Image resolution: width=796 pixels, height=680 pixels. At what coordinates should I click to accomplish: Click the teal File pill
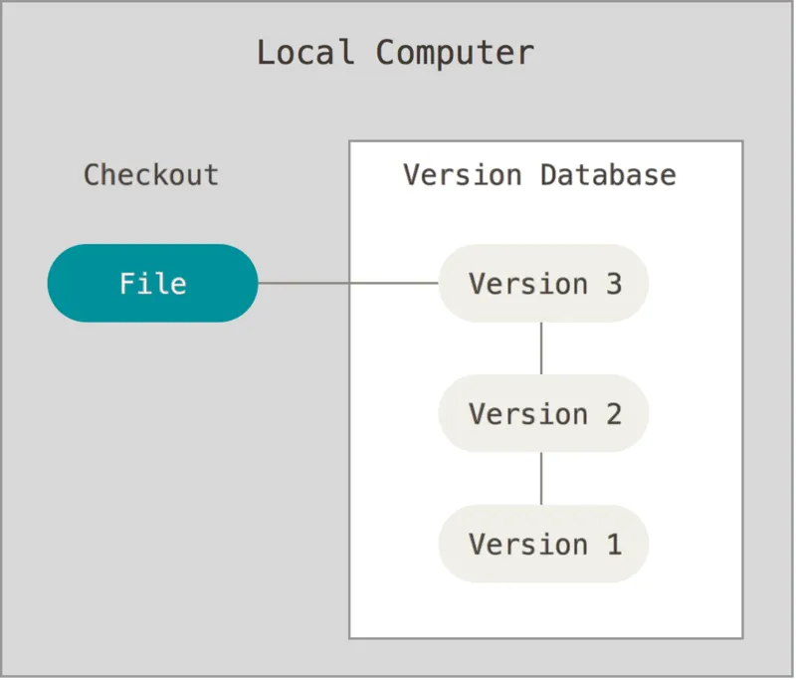point(152,283)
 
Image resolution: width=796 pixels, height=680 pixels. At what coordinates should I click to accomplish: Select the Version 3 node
point(543,283)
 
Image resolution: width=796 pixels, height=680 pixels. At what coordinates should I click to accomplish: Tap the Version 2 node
point(543,413)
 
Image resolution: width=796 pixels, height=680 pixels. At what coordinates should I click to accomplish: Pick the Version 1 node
point(543,544)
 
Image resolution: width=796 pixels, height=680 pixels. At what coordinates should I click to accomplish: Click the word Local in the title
point(304,52)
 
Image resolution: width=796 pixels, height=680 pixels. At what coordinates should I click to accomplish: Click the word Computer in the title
point(455,52)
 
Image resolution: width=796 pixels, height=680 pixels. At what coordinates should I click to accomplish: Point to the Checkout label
point(151,175)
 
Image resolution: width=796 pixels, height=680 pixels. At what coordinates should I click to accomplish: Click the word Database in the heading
point(608,175)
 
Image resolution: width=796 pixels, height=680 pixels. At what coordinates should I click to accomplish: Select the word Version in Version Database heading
point(463,175)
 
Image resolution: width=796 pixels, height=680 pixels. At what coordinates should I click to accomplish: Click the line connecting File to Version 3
point(348,283)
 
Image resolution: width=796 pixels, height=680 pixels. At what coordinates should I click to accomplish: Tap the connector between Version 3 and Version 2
point(541,347)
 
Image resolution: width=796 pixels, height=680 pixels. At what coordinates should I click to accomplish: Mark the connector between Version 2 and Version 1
point(541,478)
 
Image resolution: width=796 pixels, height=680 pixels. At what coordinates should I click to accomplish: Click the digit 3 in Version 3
point(613,284)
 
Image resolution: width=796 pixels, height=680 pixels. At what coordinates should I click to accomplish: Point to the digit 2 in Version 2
point(613,414)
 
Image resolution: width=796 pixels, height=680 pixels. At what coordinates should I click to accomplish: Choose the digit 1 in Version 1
point(613,545)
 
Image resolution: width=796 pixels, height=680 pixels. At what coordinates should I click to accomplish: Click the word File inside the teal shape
point(152,284)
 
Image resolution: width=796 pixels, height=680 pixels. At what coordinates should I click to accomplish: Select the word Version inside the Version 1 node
point(528,545)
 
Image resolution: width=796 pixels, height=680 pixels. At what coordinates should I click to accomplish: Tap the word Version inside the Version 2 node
point(528,414)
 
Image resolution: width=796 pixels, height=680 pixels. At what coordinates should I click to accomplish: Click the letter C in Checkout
point(92,175)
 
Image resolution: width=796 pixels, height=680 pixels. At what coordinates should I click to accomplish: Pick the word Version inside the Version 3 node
point(528,284)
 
